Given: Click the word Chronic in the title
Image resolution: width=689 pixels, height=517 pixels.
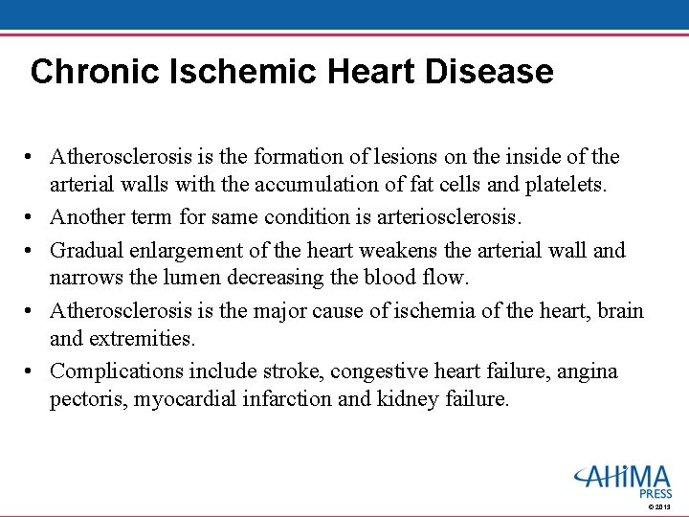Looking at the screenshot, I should click(x=84, y=72).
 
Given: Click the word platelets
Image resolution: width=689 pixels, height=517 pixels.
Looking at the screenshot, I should click(x=566, y=185).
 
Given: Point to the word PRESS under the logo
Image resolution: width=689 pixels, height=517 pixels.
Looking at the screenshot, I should click(x=656, y=494).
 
